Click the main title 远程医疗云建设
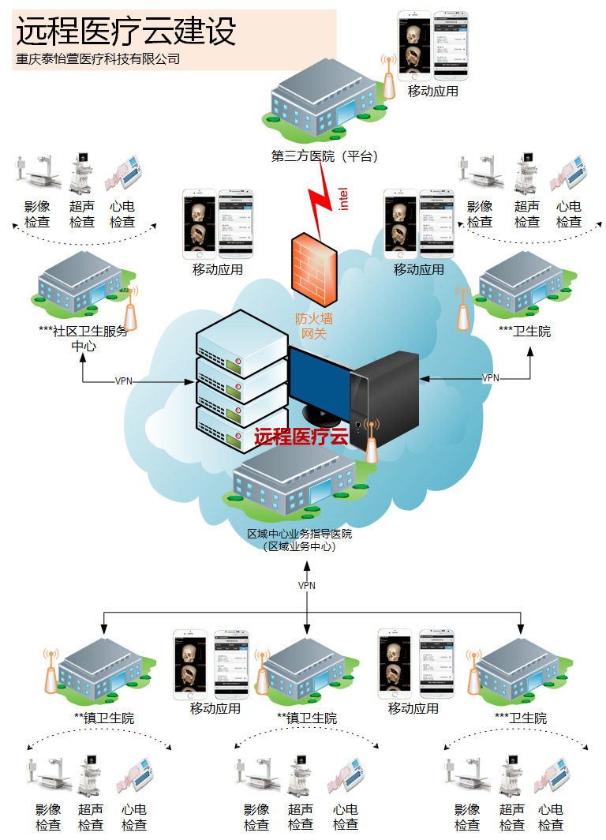(x=126, y=32)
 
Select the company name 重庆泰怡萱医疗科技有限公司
(x=98, y=59)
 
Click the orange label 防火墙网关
(x=315, y=326)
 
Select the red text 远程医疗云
(x=301, y=437)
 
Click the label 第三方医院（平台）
(x=325, y=156)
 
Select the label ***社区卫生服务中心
(x=83, y=338)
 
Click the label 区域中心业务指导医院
(x=300, y=534)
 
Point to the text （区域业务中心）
(x=300, y=546)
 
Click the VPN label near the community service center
(x=124, y=381)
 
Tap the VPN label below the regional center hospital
(x=307, y=586)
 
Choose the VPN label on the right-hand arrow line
(x=491, y=378)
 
